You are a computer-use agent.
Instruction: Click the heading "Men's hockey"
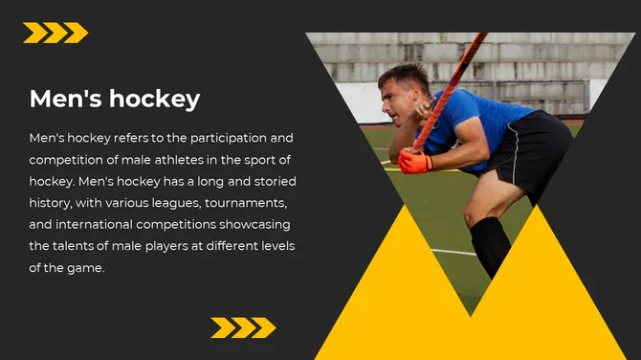[x=115, y=99]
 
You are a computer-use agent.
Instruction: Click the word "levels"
[x=274, y=247]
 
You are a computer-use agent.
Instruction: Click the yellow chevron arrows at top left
[x=55, y=34]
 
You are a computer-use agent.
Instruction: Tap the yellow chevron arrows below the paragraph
[x=243, y=327]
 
